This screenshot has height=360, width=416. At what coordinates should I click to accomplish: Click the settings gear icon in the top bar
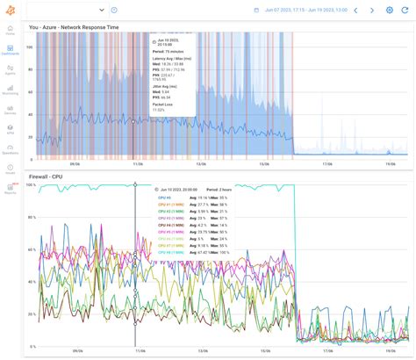tap(390, 10)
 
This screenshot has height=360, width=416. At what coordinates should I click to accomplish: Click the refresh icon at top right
tap(406, 10)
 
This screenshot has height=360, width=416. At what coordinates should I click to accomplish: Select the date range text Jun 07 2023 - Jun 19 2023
tap(305, 10)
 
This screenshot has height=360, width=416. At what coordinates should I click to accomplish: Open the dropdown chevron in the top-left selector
tap(103, 10)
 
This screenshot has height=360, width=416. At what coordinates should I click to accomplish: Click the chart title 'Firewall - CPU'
tap(46, 176)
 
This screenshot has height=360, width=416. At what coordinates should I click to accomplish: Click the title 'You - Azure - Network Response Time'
tap(74, 26)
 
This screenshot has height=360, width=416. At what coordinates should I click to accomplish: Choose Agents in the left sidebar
tap(10, 71)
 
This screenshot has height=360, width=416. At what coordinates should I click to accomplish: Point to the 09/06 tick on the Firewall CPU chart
tap(74, 350)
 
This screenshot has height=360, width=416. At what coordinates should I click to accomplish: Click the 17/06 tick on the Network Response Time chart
tap(327, 162)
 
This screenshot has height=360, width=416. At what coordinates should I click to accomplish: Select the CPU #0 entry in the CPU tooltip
tap(164, 198)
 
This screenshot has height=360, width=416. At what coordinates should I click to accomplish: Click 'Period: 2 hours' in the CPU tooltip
tap(219, 190)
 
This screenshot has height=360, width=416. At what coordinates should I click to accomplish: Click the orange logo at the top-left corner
tap(10, 9)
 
